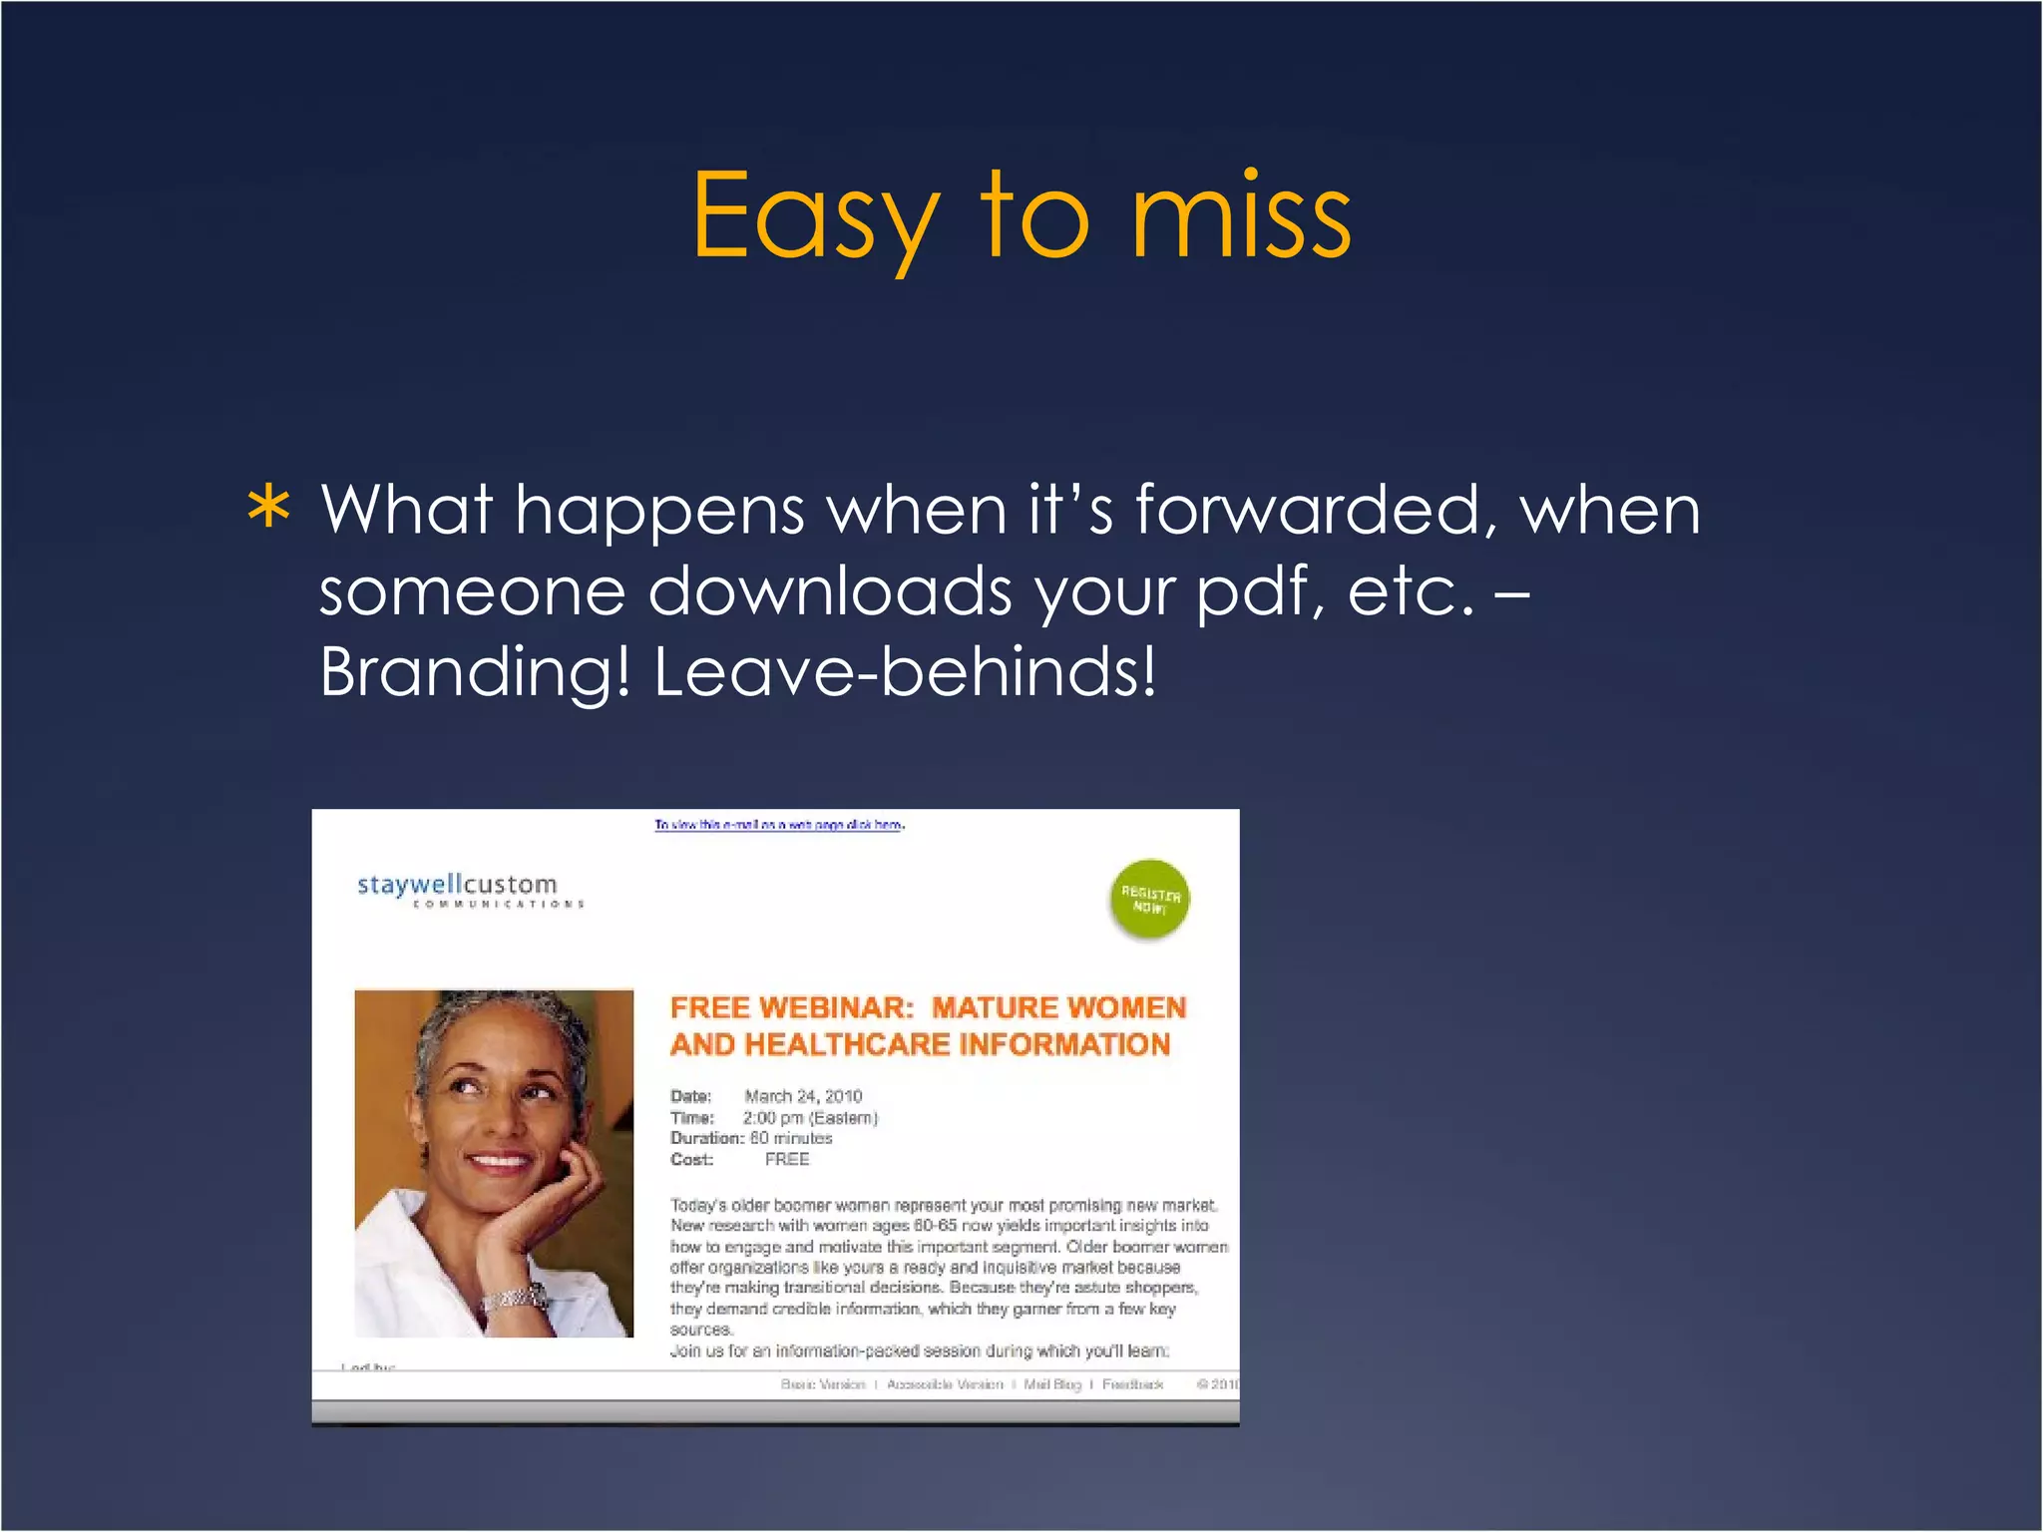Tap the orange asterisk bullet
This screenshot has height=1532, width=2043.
pos(269,509)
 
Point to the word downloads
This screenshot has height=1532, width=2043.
pos(830,591)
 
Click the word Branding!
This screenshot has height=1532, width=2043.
pos(475,672)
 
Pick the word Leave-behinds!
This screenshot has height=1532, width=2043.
pos(905,672)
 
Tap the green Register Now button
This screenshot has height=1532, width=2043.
pos(1149,899)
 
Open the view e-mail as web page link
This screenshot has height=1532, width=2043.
pos(779,825)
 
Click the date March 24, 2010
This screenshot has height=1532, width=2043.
pos(803,1096)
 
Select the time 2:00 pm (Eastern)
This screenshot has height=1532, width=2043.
pos(810,1118)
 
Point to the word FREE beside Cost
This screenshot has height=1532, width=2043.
pos(787,1159)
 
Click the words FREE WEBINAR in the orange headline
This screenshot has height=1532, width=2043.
pos(792,1008)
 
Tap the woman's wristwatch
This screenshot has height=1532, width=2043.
pos(516,1298)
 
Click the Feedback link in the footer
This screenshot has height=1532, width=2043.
pos(1132,1384)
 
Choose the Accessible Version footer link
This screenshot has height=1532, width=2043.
pos(945,1384)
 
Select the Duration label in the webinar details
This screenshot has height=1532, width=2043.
pos(706,1138)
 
